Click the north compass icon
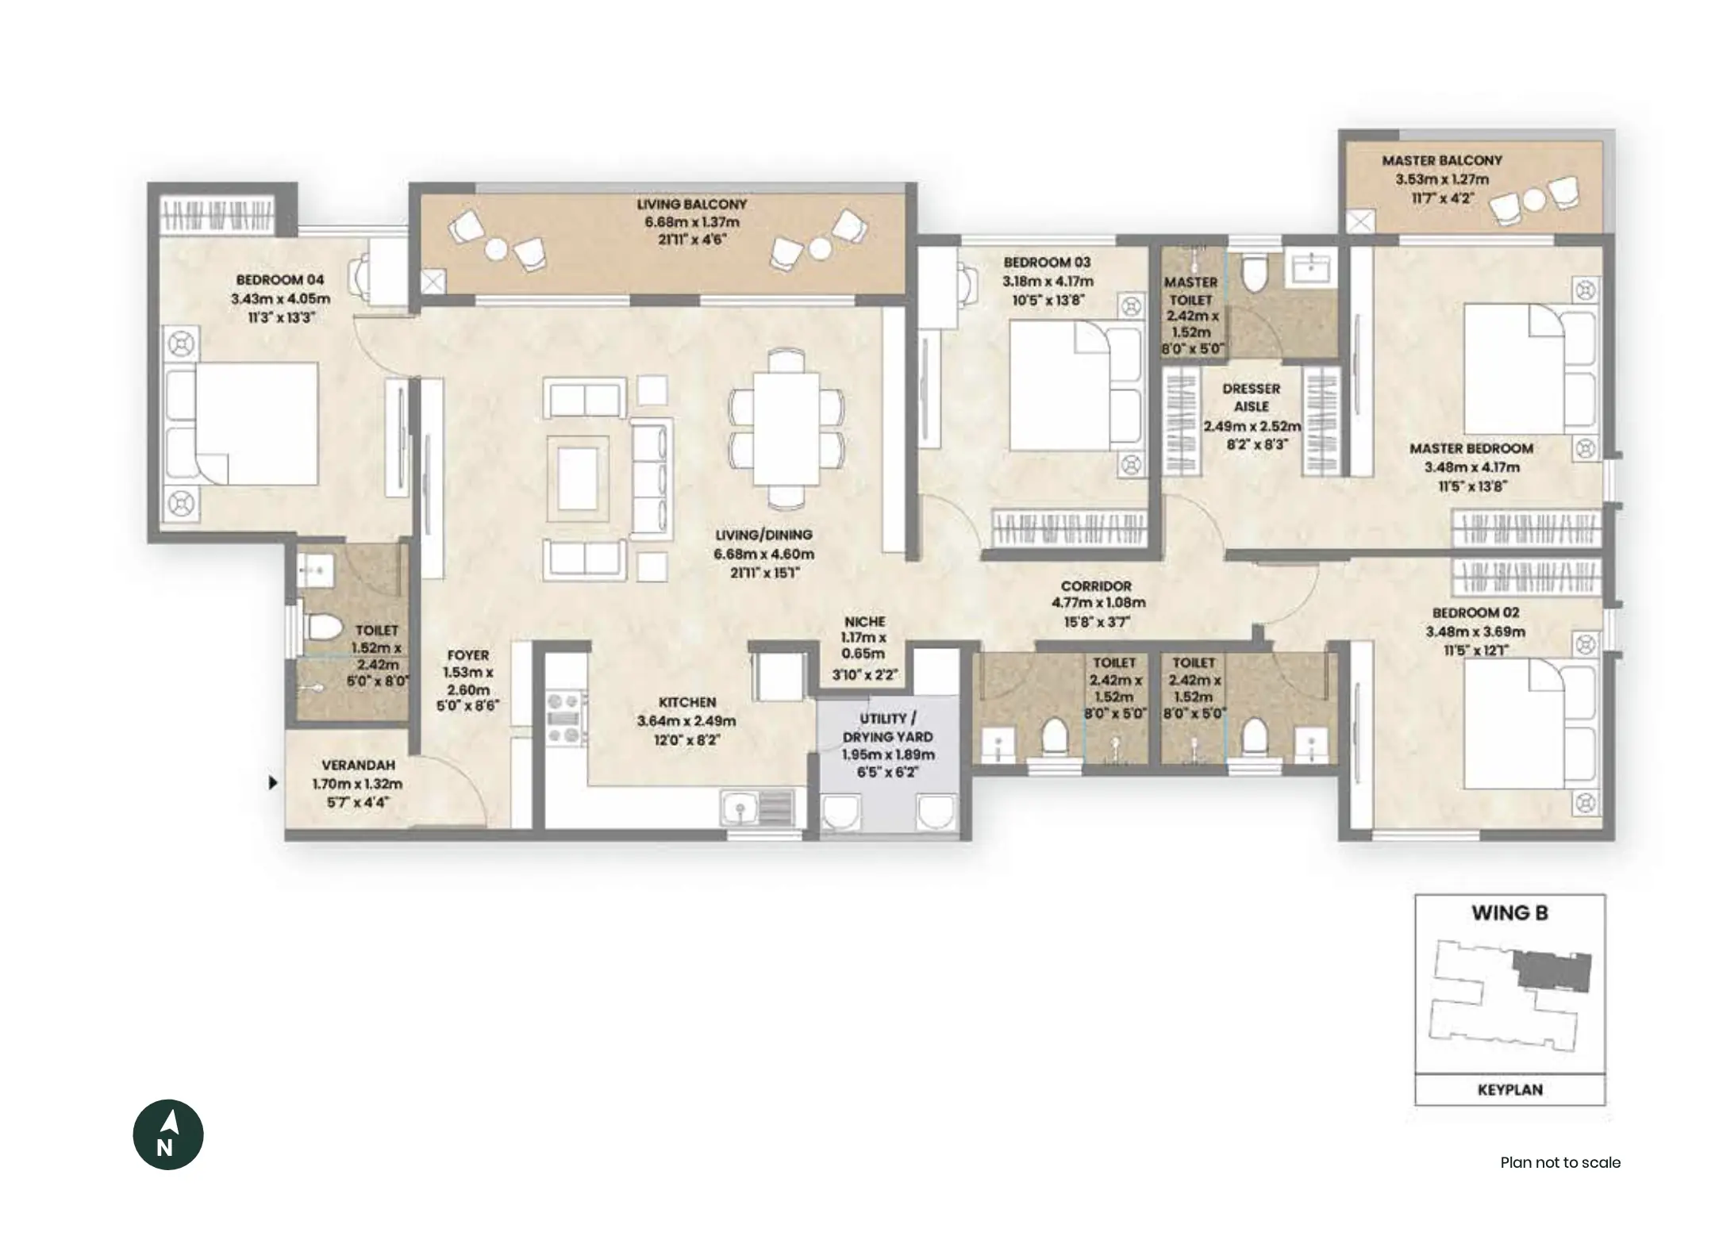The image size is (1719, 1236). click(x=167, y=1134)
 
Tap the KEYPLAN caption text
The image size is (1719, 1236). click(x=1509, y=1090)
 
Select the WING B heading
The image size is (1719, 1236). click(x=1509, y=913)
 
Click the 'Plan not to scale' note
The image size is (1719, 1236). click(x=1559, y=1163)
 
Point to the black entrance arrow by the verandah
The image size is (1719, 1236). click(x=273, y=783)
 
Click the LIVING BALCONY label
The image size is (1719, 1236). click(x=691, y=204)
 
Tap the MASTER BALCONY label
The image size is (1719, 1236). click(x=1442, y=160)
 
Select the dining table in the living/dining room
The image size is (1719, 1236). click(x=786, y=428)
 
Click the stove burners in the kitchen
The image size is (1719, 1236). click(x=563, y=719)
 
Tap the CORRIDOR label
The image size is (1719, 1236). click(x=1096, y=586)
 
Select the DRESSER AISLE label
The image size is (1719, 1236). click(x=1252, y=397)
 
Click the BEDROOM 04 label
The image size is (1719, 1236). click(x=280, y=280)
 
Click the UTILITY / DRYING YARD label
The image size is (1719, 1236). click(x=888, y=727)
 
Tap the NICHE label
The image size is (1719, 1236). click(x=865, y=621)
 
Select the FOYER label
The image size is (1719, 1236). click(x=467, y=655)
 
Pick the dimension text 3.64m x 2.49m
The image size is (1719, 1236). click(x=686, y=721)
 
